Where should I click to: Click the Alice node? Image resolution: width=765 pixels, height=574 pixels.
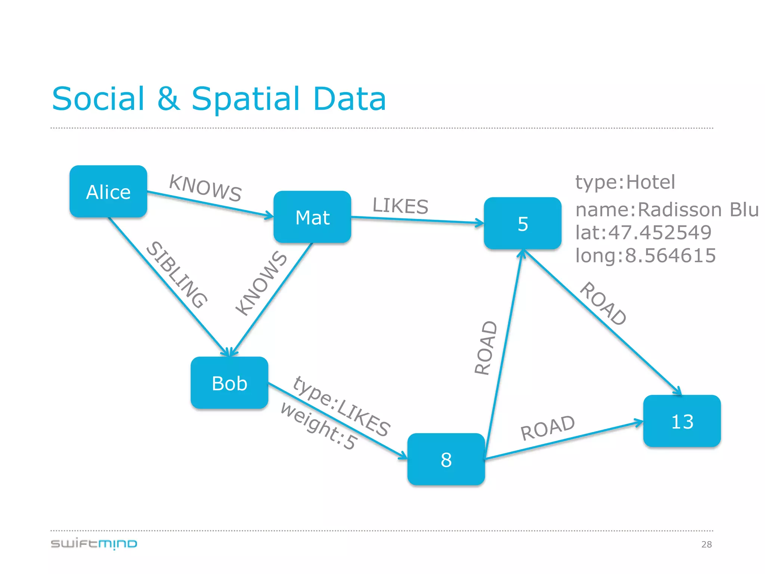pyautogui.click(x=108, y=192)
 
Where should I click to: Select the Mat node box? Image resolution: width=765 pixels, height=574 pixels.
pyautogui.click(x=312, y=217)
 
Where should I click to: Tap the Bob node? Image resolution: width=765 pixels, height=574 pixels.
pyautogui.click(x=229, y=383)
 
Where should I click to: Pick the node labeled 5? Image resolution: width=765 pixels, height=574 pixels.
pyautogui.click(x=523, y=223)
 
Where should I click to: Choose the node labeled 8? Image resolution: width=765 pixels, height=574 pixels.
pyautogui.click(x=446, y=459)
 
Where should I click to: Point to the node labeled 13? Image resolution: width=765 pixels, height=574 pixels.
pyautogui.click(x=682, y=421)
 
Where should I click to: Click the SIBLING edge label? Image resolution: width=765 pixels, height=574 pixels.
pyautogui.click(x=176, y=275)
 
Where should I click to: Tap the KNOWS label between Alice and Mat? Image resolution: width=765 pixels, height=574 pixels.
pyautogui.click(x=205, y=188)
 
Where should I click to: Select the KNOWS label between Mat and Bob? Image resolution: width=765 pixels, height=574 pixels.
pyautogui.click(x=261, y=283)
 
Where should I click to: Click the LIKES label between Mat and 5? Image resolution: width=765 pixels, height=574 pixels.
pyautogui.click(x=400, y=206)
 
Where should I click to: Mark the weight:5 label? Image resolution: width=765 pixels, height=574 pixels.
pyautogui.click(x=319, y=426)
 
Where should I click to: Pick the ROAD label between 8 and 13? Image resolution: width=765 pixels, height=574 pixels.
pyautogui.click(x=548, y=428)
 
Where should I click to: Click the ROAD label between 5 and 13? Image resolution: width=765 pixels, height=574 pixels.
pyautogui.click(x=603, y=304)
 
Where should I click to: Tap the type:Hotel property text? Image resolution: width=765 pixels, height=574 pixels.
pyautogui.click(x=625, y=182)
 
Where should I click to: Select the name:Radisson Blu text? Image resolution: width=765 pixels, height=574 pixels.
pyautogui.click(x=667, y=209)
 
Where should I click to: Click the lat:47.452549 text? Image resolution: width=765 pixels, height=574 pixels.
pyautogui.click(x=643, y=232)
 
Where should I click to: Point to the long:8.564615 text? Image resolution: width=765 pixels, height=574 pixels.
pyautogui.click(x=645, y=256)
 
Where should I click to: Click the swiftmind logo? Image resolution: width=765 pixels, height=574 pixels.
pyautogui.click(x=94, y=544)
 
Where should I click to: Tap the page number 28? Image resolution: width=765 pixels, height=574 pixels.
pyautogui.click(x=706, y=544)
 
